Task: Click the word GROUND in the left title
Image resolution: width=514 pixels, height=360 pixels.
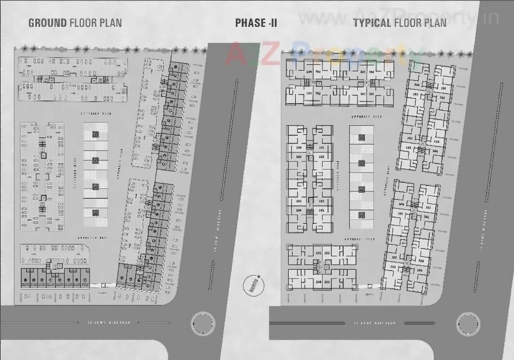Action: pyautogui.click(x=47, y=22)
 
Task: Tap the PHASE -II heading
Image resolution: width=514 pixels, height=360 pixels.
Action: pyautogui.click(x=256, y=23)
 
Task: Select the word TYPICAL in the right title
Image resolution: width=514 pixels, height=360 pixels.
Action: pyautogui.click(x=372, y=23)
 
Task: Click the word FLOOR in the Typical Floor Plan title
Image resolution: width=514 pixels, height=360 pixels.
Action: pyautogui.click(x=409, y=23)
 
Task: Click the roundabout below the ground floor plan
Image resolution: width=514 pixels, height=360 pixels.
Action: pyautogui.click(x=203, y=323)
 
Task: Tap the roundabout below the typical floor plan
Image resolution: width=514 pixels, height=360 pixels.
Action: pyautogui.click(x=468, y=323)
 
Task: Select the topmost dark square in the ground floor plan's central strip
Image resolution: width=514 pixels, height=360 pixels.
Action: pyautogui.click(x=96, y=134)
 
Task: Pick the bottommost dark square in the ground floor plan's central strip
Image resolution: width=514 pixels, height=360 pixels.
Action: pyautogui.click(x=96, y=213)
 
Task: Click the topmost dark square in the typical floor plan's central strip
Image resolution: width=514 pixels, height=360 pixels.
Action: pyautogui.click(x=361, y=138)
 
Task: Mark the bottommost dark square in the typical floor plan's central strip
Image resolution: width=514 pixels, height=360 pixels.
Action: pyautogui.click(x=361, y=215)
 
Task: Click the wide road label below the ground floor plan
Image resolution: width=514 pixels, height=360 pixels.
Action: pyautogui.click(x=109, y=323)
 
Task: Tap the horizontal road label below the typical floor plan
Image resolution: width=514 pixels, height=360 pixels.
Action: pyautogui.click(x=375, y=323)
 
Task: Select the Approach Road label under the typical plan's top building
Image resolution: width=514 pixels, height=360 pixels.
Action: pyautogui.click(x=361, y=117)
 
